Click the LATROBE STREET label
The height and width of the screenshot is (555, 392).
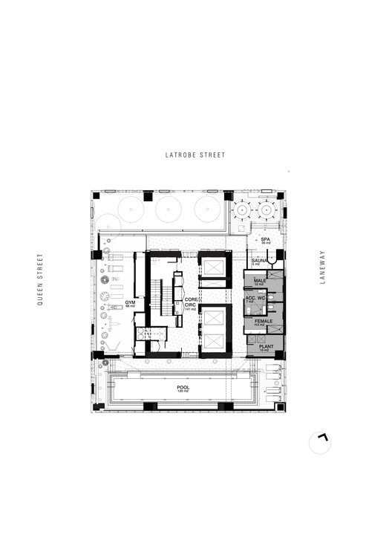[195, 155]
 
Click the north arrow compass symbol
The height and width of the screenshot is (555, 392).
[321, 441]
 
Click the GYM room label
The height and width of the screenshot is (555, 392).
[130, 303]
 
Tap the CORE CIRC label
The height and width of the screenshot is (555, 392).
[190, 302]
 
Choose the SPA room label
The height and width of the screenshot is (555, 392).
[265, 239]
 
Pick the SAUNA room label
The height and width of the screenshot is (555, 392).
[260, 262]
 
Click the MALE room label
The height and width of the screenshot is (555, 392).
[260, 281]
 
